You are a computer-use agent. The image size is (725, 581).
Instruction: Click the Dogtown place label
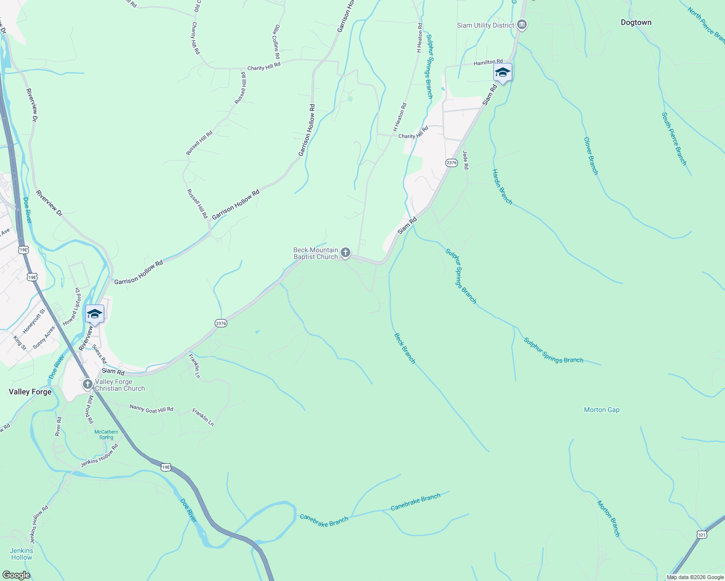coord(636,23)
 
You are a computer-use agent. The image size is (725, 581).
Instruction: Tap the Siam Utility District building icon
coord(522,25)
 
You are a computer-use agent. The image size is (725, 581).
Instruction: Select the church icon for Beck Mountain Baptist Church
coord(346,252)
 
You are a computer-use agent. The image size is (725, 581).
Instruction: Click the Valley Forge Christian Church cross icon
coord(88,384)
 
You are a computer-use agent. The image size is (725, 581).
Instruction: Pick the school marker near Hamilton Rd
coord(503,73)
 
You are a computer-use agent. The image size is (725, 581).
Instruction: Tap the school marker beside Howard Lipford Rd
coord(95,314)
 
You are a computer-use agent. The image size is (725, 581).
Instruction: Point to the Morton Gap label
coord(601,410)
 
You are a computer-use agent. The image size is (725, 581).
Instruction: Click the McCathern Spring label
coord(106,434)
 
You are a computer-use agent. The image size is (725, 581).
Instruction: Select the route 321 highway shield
coord(702,535)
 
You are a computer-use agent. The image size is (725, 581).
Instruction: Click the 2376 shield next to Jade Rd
coord(451,163)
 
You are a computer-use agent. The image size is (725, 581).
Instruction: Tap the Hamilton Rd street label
coord(488,62)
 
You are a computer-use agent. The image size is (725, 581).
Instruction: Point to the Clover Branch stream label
coord(591,156)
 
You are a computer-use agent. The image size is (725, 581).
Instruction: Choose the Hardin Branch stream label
coord(502,186)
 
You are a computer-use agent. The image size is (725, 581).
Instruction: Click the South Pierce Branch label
coord(674,138)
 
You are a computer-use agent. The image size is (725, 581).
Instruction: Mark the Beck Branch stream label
coord(405,348)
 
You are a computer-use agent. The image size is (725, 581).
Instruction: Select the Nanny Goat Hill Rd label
coord(151,409)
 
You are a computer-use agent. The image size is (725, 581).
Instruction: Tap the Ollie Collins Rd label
coord(277,42)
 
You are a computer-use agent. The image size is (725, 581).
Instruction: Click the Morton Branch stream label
coord(609,519)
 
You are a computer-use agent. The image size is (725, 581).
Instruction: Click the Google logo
coord(16,575)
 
